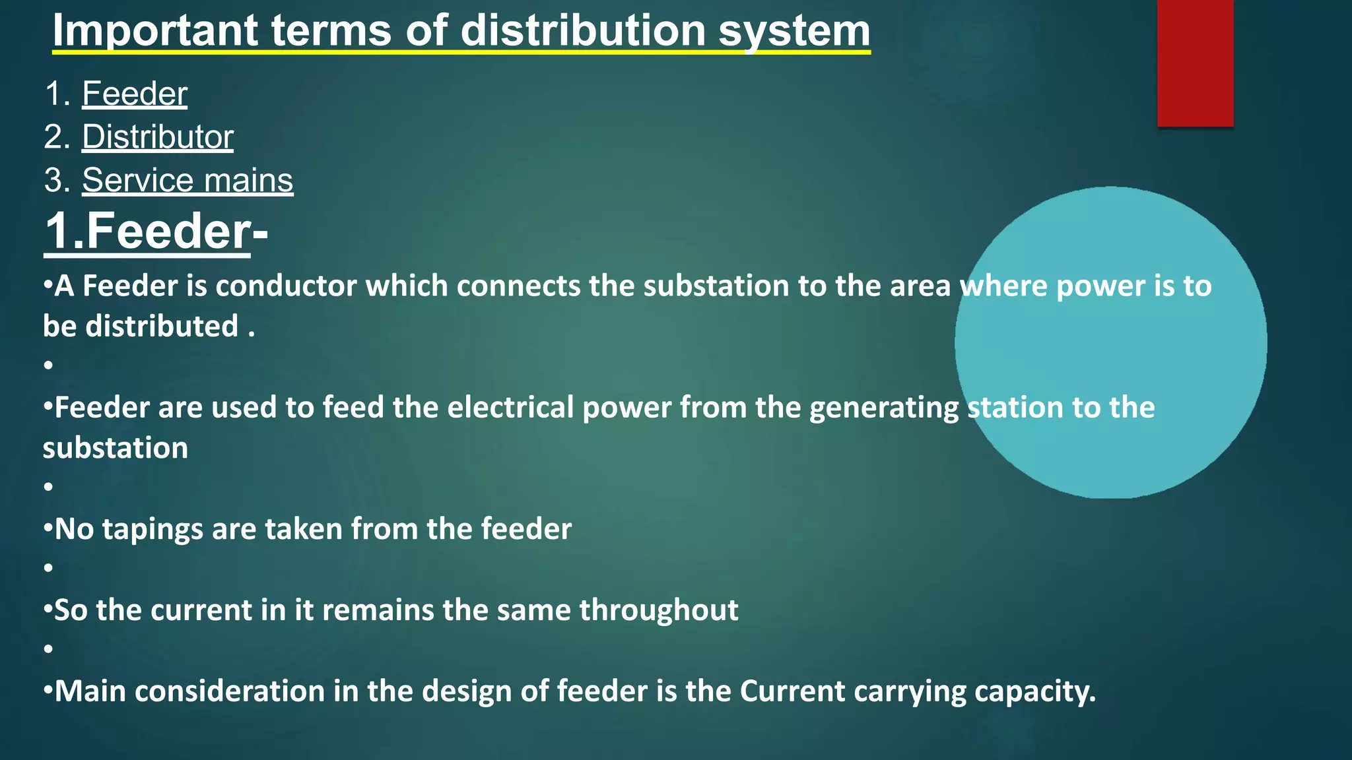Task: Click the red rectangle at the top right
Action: tap(1195, 63)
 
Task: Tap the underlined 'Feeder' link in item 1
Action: tap(135, 94)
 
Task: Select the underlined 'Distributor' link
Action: tap(158, 137)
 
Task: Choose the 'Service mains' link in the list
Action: tap(187, 181)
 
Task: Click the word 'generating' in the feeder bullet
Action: tap(883, 408)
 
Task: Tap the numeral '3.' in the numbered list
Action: tap(57, 181)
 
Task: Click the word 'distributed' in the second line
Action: tap(162, 327)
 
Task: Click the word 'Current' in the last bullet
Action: tap(792, 691)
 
